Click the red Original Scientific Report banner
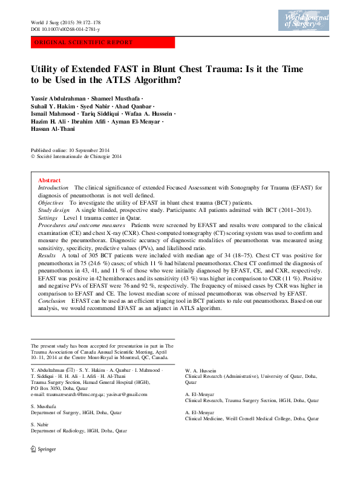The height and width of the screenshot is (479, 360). (x=103, y=43)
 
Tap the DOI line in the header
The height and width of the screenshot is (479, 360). (x=65, y=29)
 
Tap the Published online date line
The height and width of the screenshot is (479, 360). (x=70, y=150)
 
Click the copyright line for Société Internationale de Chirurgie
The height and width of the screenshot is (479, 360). (x=76, y=156)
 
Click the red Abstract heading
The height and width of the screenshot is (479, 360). (x=49, y=180)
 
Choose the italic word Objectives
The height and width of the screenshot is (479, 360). (x=51, y=202)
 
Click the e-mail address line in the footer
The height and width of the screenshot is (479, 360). (x=89, y=394)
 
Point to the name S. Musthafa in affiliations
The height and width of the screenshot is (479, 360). (x=44, y=406)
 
